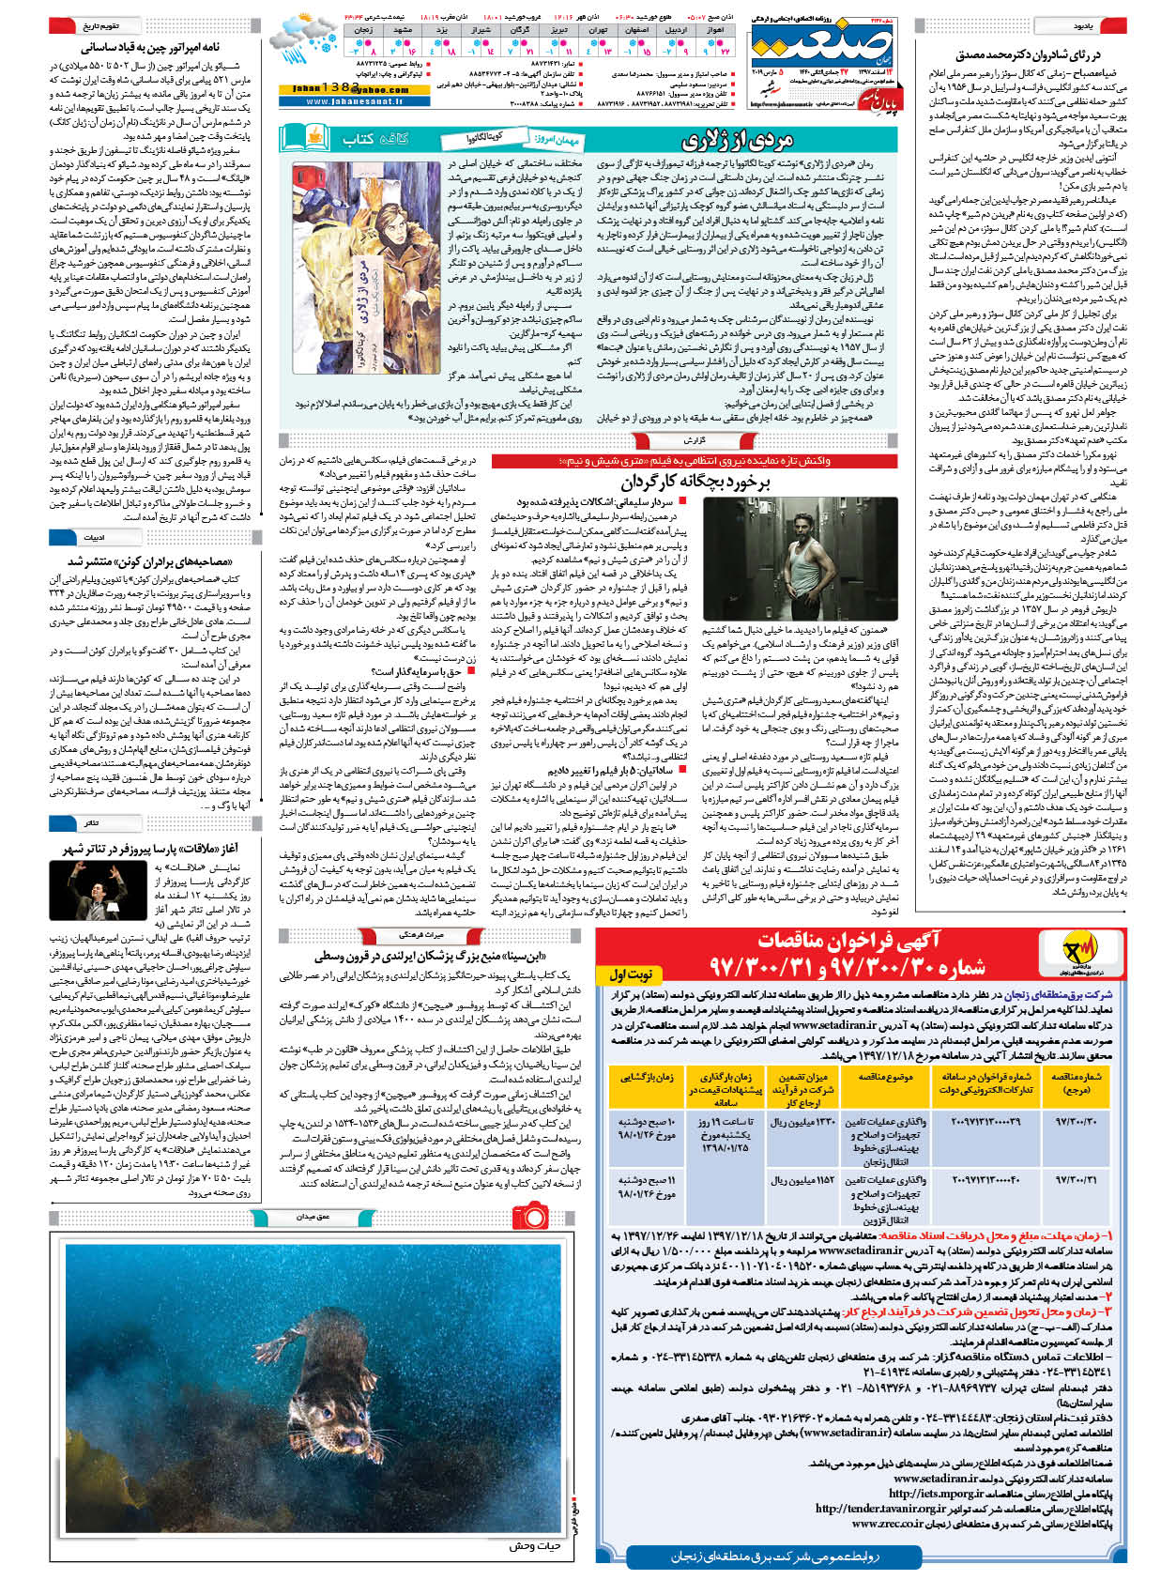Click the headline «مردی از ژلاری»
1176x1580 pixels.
click(736, 140)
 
